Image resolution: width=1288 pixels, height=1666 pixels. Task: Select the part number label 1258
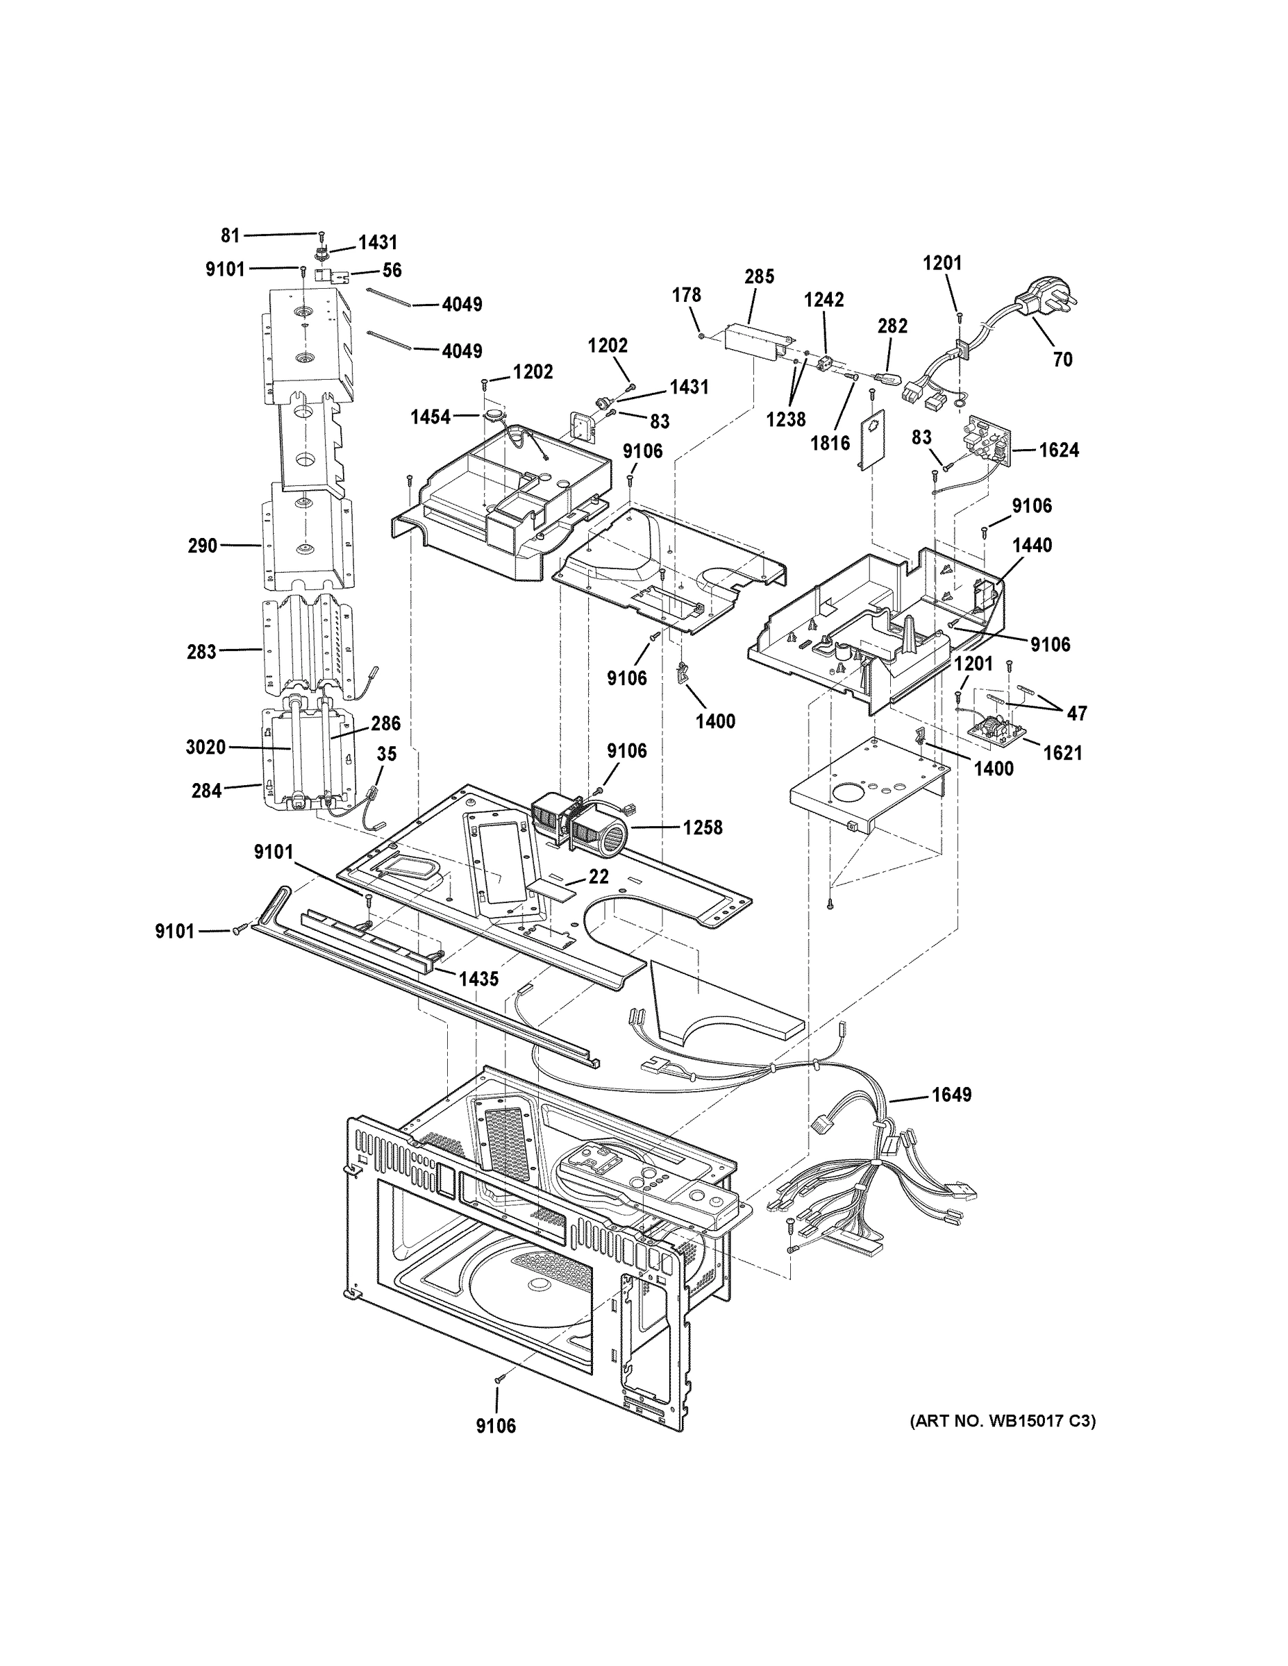[703, 827]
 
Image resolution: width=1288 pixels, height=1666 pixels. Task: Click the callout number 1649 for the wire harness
[951, 1095]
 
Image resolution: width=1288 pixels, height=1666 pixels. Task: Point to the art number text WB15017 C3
[1003, 1421]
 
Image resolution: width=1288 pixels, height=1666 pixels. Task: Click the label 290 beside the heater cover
[203, 546]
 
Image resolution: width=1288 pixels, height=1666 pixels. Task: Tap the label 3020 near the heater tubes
[206, 747]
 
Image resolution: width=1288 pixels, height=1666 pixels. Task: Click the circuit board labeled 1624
[988, 445]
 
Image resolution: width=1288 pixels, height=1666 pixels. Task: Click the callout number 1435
[478, 979]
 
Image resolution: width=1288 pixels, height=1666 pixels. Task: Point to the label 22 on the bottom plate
[599, 877]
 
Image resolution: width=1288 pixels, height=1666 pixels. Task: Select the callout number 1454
[430, 416]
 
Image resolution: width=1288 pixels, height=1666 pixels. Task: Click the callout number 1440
[1032, 545]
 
